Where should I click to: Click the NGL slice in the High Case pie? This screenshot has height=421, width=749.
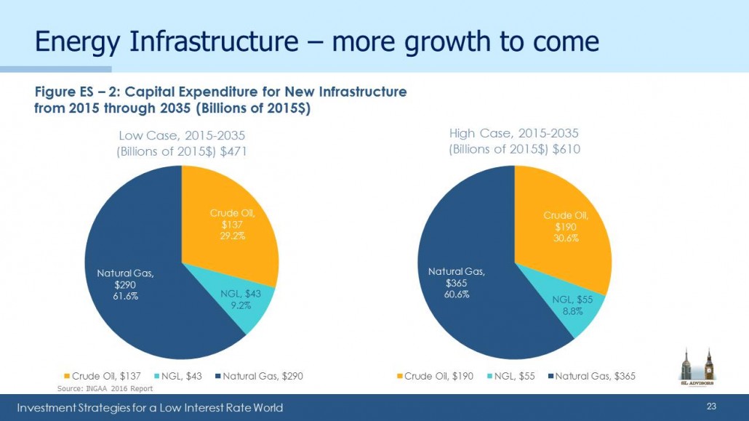point(573,306)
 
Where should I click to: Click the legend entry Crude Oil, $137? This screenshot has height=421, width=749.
point(103,376)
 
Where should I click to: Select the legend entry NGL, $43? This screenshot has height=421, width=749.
point(177,376)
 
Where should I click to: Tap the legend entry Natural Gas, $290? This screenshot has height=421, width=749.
point(259,376)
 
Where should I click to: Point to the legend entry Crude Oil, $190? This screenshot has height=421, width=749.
point(435,376)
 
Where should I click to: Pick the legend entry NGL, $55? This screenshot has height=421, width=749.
point(510,376)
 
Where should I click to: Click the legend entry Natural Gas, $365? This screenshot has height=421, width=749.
point(592,376)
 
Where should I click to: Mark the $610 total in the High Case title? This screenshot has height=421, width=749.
point(566,149)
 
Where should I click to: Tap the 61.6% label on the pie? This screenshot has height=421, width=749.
point(126,296)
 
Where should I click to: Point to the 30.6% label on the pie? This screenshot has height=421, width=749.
point(566,238)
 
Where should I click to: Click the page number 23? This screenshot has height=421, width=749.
point(711,406)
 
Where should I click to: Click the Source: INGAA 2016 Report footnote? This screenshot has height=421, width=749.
point(105,388)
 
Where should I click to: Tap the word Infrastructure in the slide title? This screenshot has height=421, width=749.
point(214,41)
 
